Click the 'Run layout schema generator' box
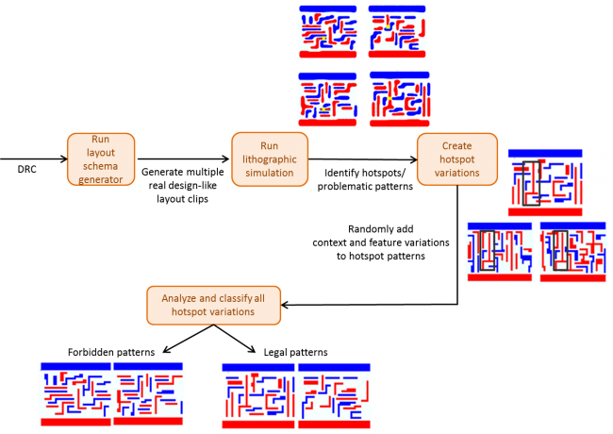101,159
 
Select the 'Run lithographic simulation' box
270,159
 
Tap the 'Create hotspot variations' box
457,159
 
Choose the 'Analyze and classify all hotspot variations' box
213,305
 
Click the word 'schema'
101,165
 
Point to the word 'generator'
101,178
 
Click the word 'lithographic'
270,159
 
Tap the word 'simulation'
270,173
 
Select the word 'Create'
457,146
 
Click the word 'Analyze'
179,298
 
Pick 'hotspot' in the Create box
457,159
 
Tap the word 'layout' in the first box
101,152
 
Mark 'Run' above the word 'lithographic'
270,146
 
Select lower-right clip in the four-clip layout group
399,99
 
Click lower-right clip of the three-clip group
572,252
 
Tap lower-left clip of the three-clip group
499,252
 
